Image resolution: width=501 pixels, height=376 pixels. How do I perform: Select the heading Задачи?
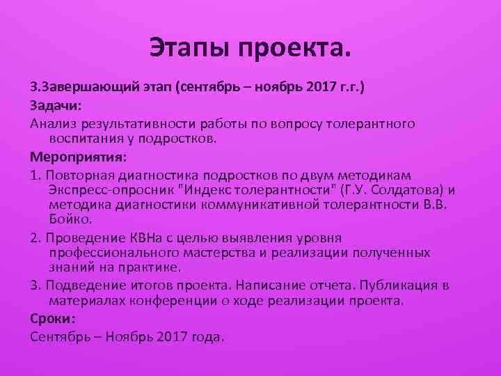coord(55,106)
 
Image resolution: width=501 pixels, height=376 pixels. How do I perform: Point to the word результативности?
coord(138,123)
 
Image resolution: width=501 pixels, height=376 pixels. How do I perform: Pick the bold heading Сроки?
coord(52,318)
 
